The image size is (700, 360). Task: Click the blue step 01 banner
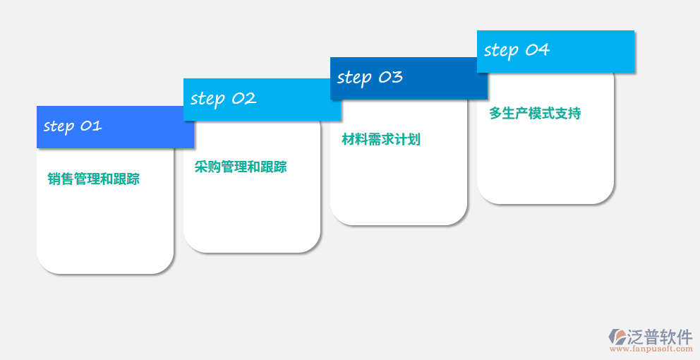pos(115,127)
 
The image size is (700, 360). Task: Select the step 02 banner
pos(262,100)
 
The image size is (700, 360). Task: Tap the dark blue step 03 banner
pos(409,78)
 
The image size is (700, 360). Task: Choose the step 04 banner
pos(555,51)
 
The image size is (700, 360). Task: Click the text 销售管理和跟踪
pos(94,179)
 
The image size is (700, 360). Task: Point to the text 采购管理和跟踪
pos(241,167)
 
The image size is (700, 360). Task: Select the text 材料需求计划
pos(381,140)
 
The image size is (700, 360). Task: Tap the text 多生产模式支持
pos(535,114)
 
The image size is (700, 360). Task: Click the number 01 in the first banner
pos(91,126)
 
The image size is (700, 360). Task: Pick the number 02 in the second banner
pos(243,99)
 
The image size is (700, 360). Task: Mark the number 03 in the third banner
pos(390,77)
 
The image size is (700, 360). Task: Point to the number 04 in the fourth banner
pos(537,49)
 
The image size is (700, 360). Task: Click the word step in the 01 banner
pos(59,127)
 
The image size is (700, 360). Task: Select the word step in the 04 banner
pos(500,51)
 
